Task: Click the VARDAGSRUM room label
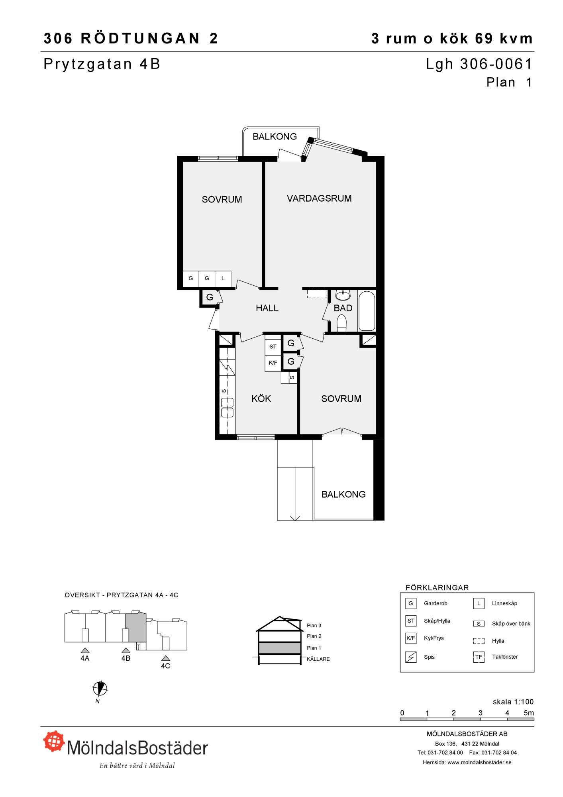pos(319,198)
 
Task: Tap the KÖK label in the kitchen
pos(261,398)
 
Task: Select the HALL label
pos(267,308)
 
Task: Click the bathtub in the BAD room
pos(367,311)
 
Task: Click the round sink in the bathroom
pos(343,295)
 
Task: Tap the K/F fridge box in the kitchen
pos(273,363)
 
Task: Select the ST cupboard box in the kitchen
pos(273,347)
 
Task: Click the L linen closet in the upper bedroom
pos(223,279)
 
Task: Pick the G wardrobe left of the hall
pos(210,297)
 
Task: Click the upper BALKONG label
pos(275,137)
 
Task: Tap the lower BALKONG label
pos(343,495)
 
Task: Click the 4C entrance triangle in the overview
pos(165,658)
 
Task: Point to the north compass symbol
pos(100,688)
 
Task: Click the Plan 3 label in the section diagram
pos(314,626)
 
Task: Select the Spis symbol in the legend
pos(411,657)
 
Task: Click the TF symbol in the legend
pos(479,657)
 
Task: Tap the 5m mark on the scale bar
pos(529,713)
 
